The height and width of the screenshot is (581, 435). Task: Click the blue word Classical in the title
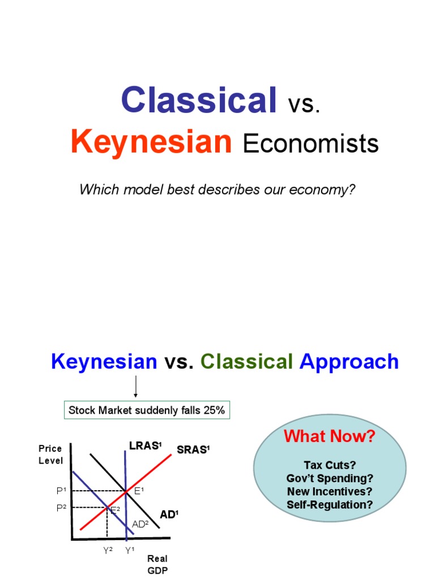click(198, 100)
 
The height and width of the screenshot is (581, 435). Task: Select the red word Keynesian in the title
click(151, 142)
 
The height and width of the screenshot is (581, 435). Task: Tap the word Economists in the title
click(310, 144)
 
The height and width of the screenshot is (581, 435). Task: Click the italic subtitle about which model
click(217, 189)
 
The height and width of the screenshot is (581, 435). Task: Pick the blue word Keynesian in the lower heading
click(104, 361)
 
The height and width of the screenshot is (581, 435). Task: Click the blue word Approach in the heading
click(349, 361)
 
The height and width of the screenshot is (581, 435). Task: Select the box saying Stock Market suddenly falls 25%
click(147, 410)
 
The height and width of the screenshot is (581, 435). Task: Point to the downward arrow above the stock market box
click(136, 388)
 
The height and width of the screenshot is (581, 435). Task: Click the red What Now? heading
click(329, 436)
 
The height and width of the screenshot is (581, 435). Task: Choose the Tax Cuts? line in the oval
click(330, 465)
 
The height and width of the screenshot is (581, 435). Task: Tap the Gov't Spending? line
click(330, 478)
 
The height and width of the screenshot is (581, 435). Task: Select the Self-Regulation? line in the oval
click(330, 504)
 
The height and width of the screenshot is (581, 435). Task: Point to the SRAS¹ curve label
click(193, 450)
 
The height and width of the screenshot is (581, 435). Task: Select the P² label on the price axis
click(62, 508)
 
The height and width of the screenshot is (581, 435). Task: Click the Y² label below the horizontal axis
click(107, 549)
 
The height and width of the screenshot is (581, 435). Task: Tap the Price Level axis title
click(50, 454)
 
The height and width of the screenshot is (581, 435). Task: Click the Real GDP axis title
click(157, 565)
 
